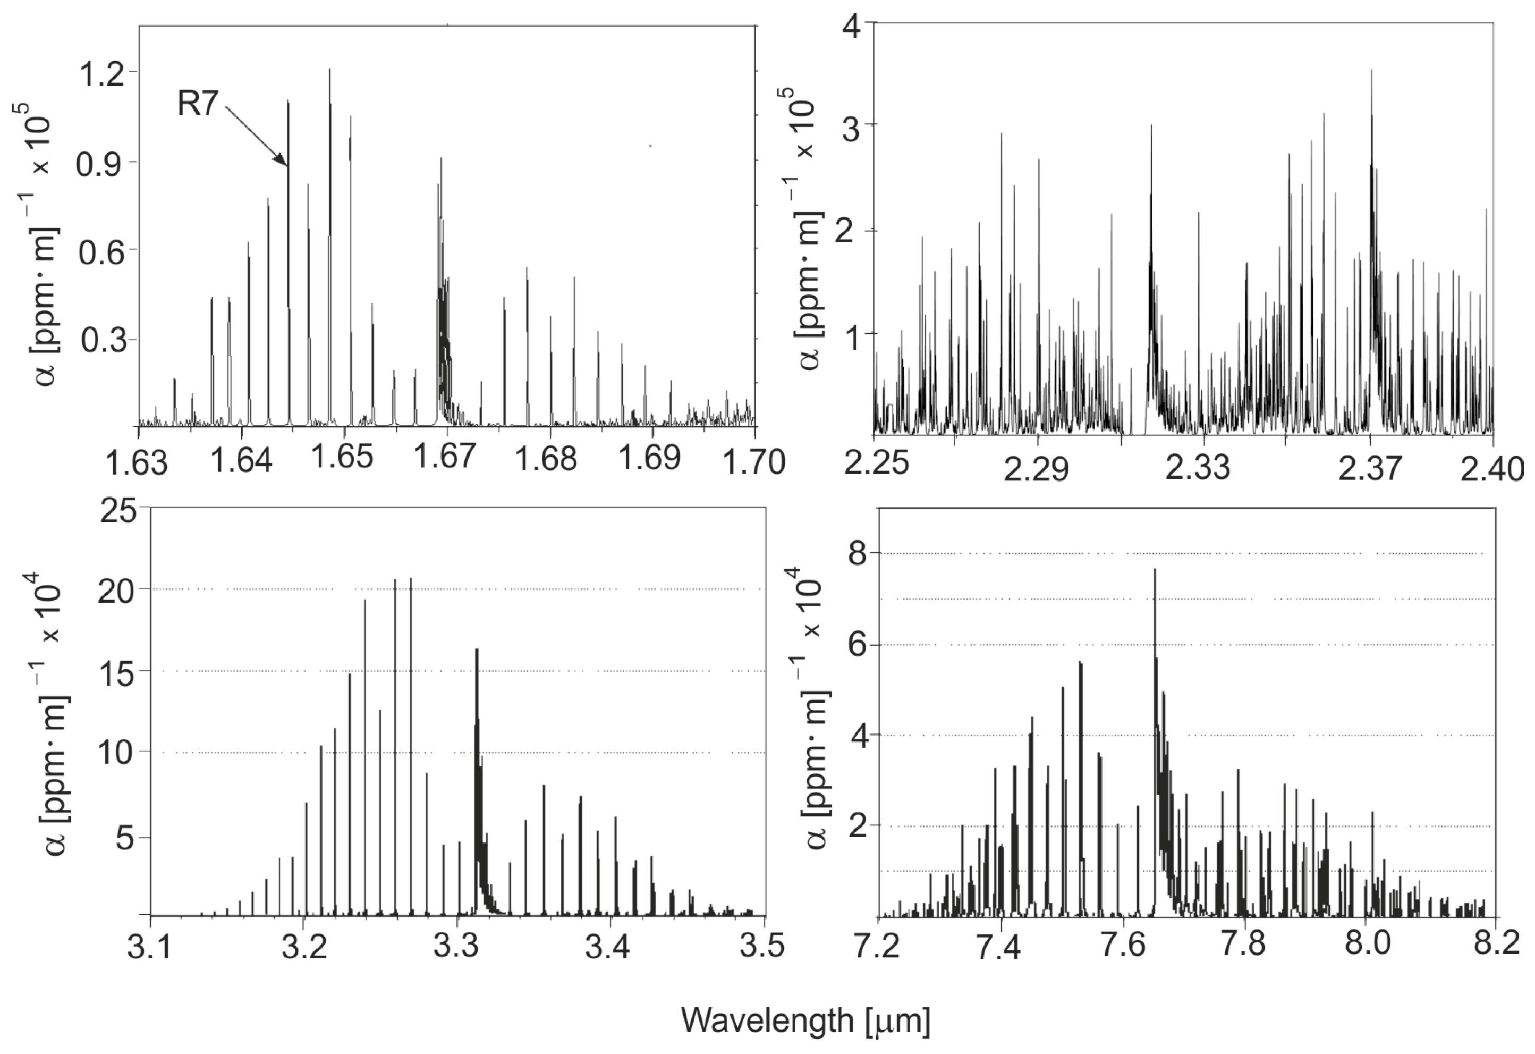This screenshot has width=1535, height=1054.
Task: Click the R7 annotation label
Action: click(198, 104)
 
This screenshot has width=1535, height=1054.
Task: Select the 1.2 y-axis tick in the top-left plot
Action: click(101, 74)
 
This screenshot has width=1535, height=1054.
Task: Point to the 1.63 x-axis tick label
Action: click(138, 461)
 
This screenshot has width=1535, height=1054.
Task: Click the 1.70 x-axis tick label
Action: click(755, 461)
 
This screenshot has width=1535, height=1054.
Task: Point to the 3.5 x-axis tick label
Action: click(764, 947)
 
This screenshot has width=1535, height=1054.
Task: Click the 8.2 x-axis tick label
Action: click(1495, 945)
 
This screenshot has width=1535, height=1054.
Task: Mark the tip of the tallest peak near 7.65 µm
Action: click(1155, 570)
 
